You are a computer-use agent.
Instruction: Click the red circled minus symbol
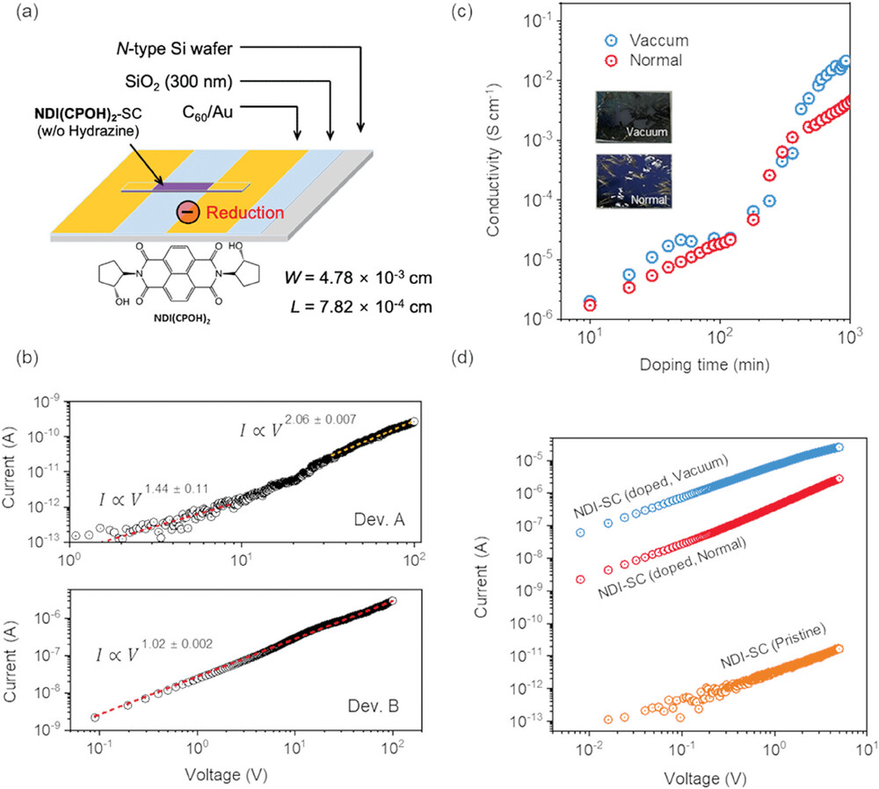[x=187, y=213]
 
